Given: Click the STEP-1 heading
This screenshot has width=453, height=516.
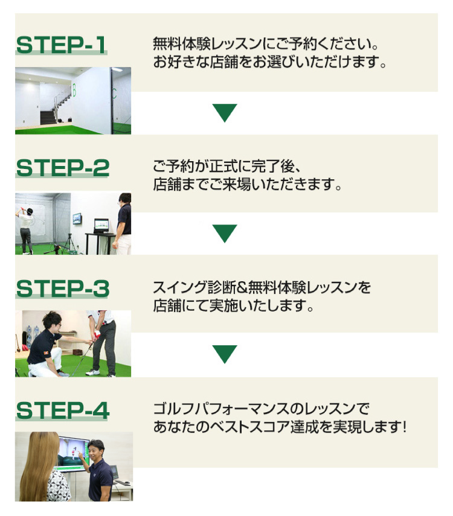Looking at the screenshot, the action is tap(61, 45).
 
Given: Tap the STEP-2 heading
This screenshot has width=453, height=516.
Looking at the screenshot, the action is tap(63, 168).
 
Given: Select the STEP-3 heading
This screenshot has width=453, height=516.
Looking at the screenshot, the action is tap(63, 288).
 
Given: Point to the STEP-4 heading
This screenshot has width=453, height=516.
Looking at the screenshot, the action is tap(63, 410).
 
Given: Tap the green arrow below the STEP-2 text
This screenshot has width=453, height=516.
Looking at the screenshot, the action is tap(225, 234).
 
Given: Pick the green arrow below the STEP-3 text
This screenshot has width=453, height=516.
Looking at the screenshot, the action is tap(225, 354).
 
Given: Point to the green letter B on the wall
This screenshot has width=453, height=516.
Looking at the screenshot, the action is tap(74, 90).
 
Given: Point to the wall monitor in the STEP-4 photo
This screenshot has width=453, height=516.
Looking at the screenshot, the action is tap(73, 454).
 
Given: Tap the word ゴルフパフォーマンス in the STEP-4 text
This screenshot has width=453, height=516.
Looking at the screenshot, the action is tap(222, 409).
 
